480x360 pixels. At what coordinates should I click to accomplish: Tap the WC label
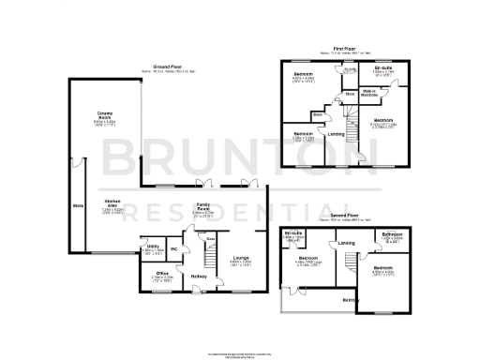[174, 248]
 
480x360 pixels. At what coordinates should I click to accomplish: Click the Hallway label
[199, 277]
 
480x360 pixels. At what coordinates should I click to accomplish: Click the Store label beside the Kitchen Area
[76, 203]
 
